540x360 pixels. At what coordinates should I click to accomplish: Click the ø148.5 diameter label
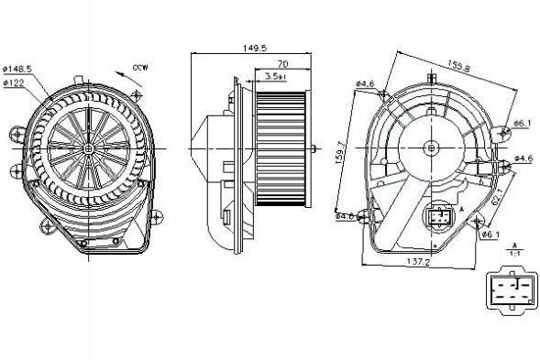click(17, 69)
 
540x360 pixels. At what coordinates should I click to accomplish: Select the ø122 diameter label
click(16, 82)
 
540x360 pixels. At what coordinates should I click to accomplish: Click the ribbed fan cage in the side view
click(281, 147)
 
